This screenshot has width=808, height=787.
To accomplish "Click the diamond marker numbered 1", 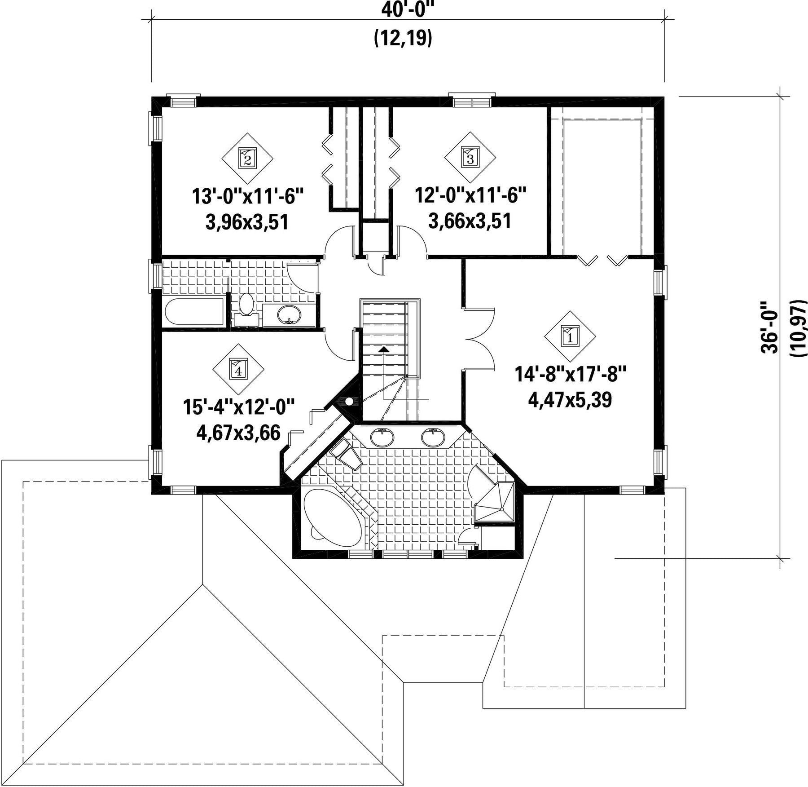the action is click(570, 336).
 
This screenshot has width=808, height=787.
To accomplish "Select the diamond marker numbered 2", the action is click(247, 158).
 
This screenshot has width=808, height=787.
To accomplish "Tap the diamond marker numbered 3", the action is click(470, 158).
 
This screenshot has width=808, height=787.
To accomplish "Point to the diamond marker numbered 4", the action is click(238, 369).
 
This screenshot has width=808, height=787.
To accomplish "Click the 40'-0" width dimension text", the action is click(408, 9).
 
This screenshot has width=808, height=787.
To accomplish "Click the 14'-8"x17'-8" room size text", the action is click(570, 375).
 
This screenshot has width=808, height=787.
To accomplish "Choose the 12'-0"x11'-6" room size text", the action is click(470, 196).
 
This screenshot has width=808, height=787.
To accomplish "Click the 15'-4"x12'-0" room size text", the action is click(238, 408).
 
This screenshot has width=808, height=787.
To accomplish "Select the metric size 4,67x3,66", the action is click(238, 433).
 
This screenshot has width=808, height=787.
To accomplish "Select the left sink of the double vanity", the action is click(382, 437).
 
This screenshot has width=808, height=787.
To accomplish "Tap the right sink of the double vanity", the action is click(433, 437).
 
